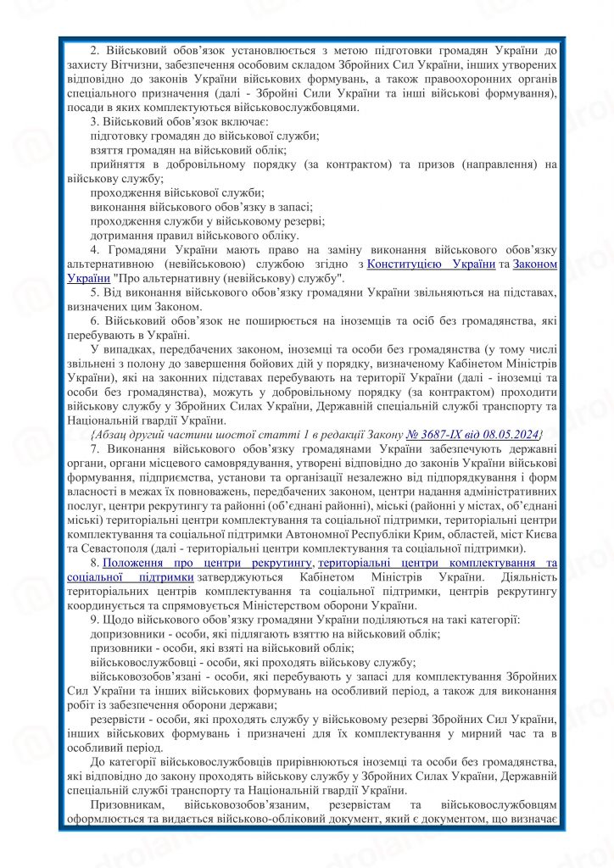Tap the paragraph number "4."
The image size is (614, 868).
[x=94, y=250]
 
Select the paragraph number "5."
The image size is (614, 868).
[x=94, y=292]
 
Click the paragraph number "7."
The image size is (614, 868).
[x=94, y=448]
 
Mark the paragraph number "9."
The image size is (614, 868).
[x=94, y=620]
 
